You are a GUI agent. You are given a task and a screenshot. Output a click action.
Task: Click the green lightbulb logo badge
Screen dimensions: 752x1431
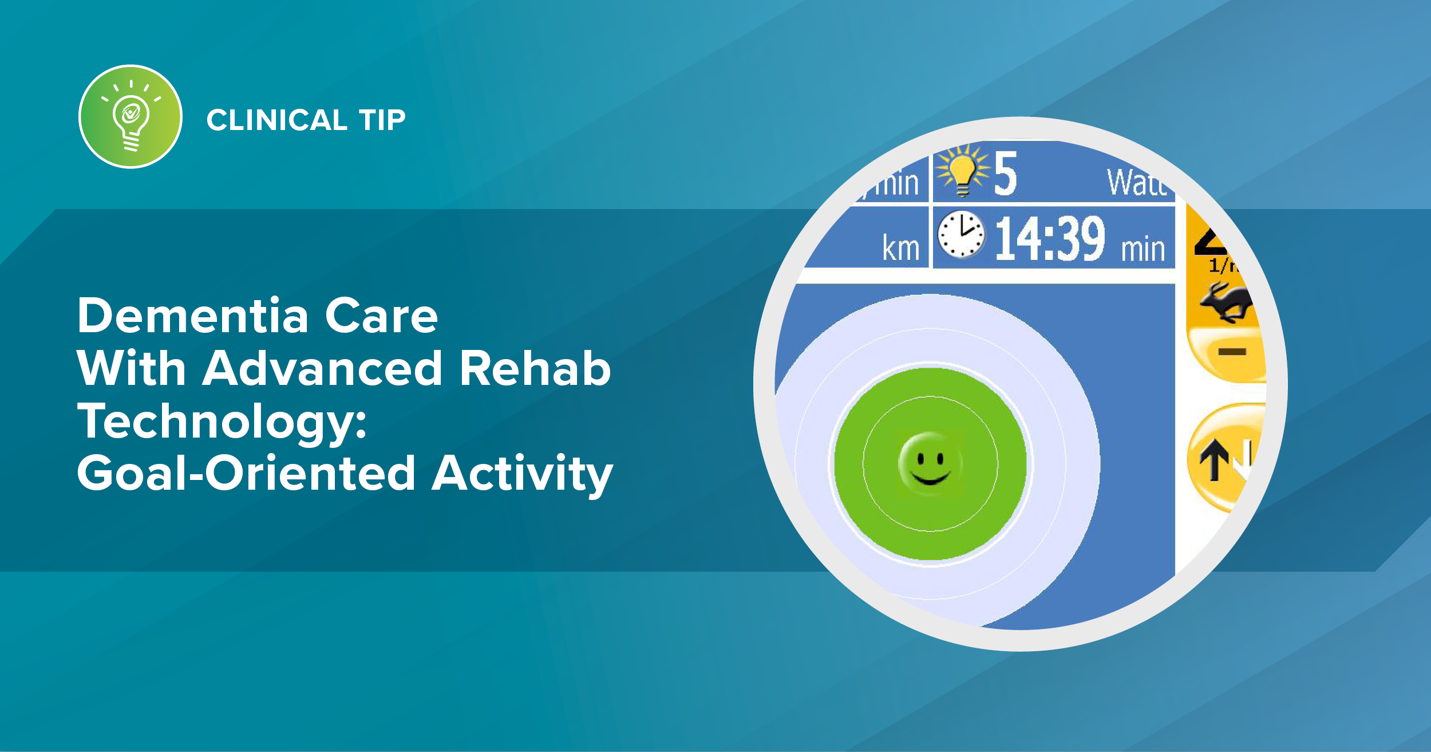coord(131,117)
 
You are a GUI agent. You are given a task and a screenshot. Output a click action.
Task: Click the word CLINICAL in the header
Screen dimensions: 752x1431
coord(277,120)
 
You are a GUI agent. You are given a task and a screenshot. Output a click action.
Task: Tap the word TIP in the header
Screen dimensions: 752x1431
coord(382,120)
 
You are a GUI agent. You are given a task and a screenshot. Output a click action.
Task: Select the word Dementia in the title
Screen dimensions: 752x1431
coord(193,316)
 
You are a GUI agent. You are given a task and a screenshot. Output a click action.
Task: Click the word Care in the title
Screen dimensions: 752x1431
coord(381,316)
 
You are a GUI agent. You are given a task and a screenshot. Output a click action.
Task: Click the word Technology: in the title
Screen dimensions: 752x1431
coord(222,422)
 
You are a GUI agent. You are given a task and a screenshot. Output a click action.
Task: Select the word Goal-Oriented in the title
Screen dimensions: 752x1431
coord(246,474)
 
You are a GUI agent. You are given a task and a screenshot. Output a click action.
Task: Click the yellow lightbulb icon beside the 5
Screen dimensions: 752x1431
coord(963,171)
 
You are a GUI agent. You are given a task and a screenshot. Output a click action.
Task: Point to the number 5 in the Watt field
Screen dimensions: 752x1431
coord(1006,174)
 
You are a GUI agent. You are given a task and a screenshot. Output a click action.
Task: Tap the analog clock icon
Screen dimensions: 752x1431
coord(962,234)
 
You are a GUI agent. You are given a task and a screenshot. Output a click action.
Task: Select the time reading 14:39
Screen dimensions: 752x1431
coord(1050,239)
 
